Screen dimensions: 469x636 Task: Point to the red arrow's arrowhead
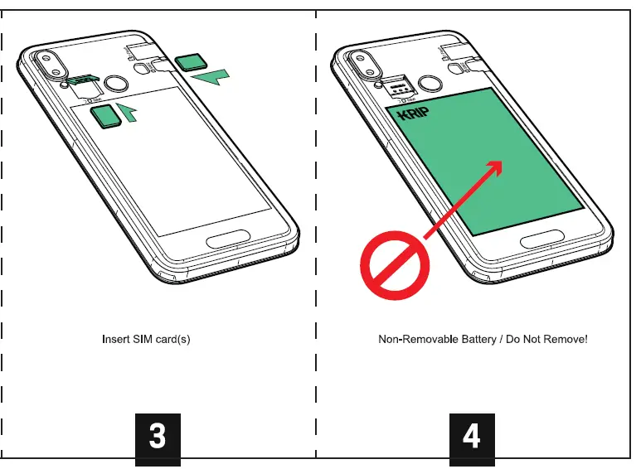[495, 168]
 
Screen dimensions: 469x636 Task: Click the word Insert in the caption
[116, 339]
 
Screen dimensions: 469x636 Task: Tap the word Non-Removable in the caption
[416, 339]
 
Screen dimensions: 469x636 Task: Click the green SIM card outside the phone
[193, 60]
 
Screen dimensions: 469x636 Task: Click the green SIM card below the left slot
[104, 117]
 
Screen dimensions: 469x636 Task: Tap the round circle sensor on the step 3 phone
[117, 83]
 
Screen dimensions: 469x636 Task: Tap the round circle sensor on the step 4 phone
[430, 83]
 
